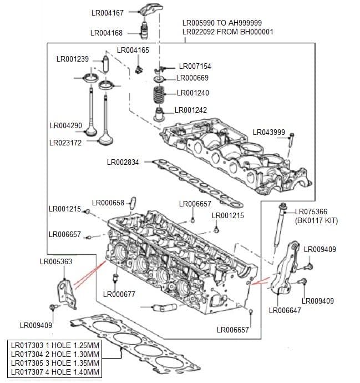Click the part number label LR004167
[107, 13]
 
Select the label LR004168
[107, 33]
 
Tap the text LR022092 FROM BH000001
[227, 32]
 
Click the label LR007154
[195, 66]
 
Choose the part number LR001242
[191, 110]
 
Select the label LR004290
[65, 126]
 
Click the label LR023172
[65, 143]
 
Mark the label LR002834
[123, 162]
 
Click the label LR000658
[108, 203]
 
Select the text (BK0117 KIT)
[316, 220]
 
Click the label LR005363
[56, 261]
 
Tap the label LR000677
[120, 294]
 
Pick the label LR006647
[285, 310]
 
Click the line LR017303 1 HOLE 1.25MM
[55, 345]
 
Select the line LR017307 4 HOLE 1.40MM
[55, 372]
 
